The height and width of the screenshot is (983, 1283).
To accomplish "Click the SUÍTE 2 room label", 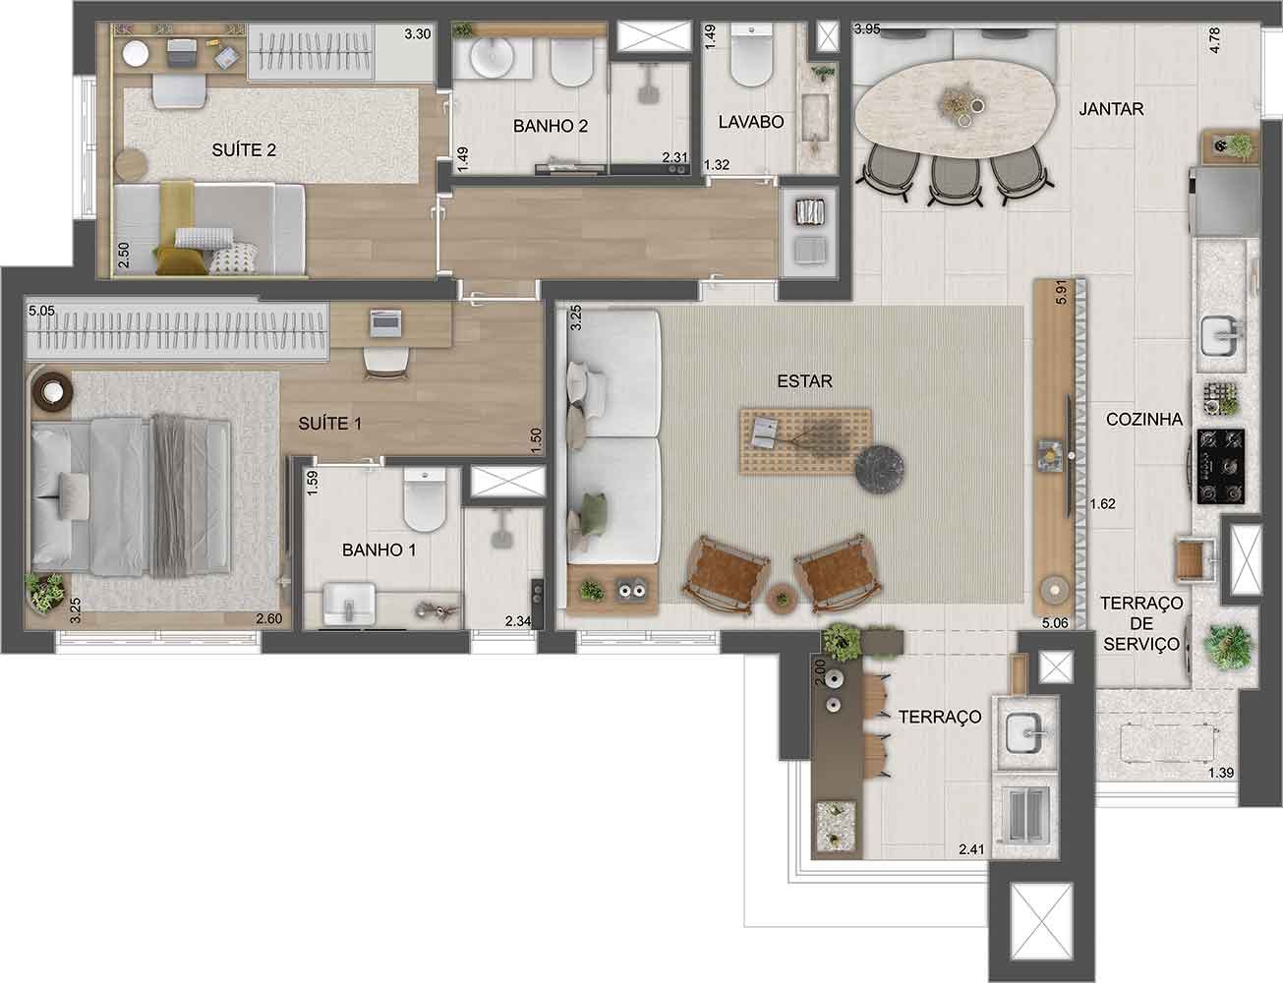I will pyautogui.click(x=244, y=150).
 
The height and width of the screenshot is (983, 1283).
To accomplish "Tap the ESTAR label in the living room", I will pyautogui.click(x=804, y=381).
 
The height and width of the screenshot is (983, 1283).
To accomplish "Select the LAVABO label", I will pyautogui.click(x=751, y=123).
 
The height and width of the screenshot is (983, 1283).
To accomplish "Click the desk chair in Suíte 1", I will pyautogui.click(x=384, y=364).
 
